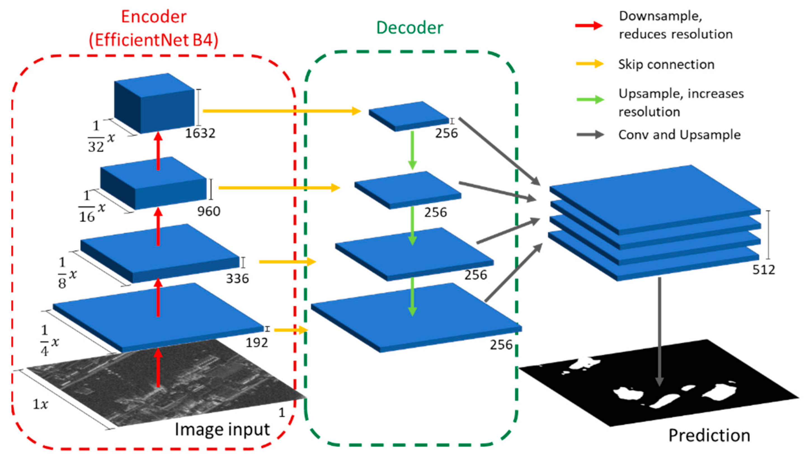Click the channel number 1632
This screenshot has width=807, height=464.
click(x=200, y=133)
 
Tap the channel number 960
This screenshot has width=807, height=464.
click(x=209, y=211)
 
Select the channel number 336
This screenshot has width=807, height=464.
click(x=237, y=279)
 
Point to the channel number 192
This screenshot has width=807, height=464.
click(x=257, y=343)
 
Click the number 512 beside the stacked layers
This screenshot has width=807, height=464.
click(x=764, y=270)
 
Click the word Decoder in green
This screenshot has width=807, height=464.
click(x=410, y=28)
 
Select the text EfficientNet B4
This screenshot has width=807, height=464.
click(x=154, y=41)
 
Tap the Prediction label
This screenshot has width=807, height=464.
click(x=709, y=435)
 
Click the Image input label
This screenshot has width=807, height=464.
click(x=222, y=429)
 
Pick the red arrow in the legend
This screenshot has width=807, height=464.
click(x=589, y=25)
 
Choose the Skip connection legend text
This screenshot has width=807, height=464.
click(x=666, y=64)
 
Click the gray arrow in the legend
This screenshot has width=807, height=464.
click(x=590, y=135)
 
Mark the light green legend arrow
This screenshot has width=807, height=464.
click(x=590, y=100)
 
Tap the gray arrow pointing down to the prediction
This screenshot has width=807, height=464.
click(x=659, y=331)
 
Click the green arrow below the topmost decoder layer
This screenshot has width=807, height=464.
click(x=412, y=150)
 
